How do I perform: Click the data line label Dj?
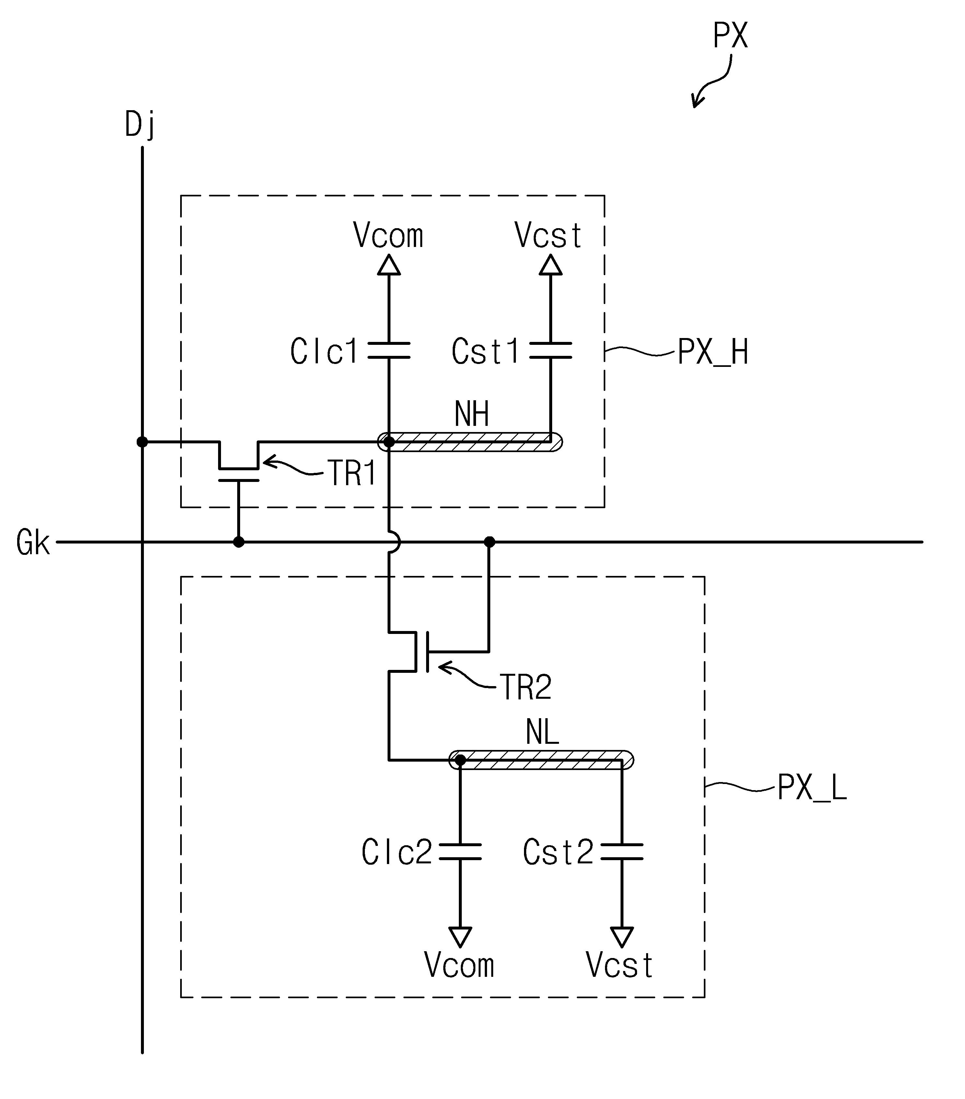tap(140, 125)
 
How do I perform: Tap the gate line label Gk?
tap(33, 542)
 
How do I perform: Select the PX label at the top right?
tap(730, 36)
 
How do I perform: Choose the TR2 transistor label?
tap(526, 687)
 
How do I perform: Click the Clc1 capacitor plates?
tap(389, 350)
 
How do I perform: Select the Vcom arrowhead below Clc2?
tap(460, 937)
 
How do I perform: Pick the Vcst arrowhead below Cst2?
tap(622, 937)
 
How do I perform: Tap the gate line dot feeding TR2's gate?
tap(489, 542)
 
